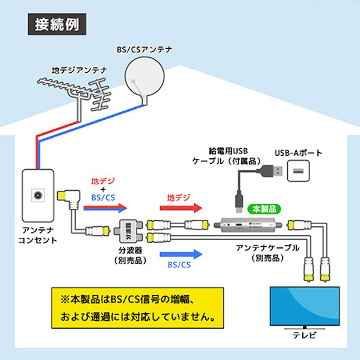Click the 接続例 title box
click(57, 24)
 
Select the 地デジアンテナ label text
click(79, 70)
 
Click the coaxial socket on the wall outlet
click(38, 196)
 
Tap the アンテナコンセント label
click(38, 235)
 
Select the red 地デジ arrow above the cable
click(181, 208)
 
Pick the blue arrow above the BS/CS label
click(181, 254)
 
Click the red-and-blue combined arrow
click(105, 208)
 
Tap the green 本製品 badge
click(264, 209)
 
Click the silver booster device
click(248, 225)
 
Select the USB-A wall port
click(298, 171)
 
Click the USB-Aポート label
click(299, 153)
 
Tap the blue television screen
click(305, 306)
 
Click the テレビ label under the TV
click(305, 335)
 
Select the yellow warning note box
click(137, 308)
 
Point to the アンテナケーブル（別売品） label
click(268, 253)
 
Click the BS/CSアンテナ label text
click(144, 49)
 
